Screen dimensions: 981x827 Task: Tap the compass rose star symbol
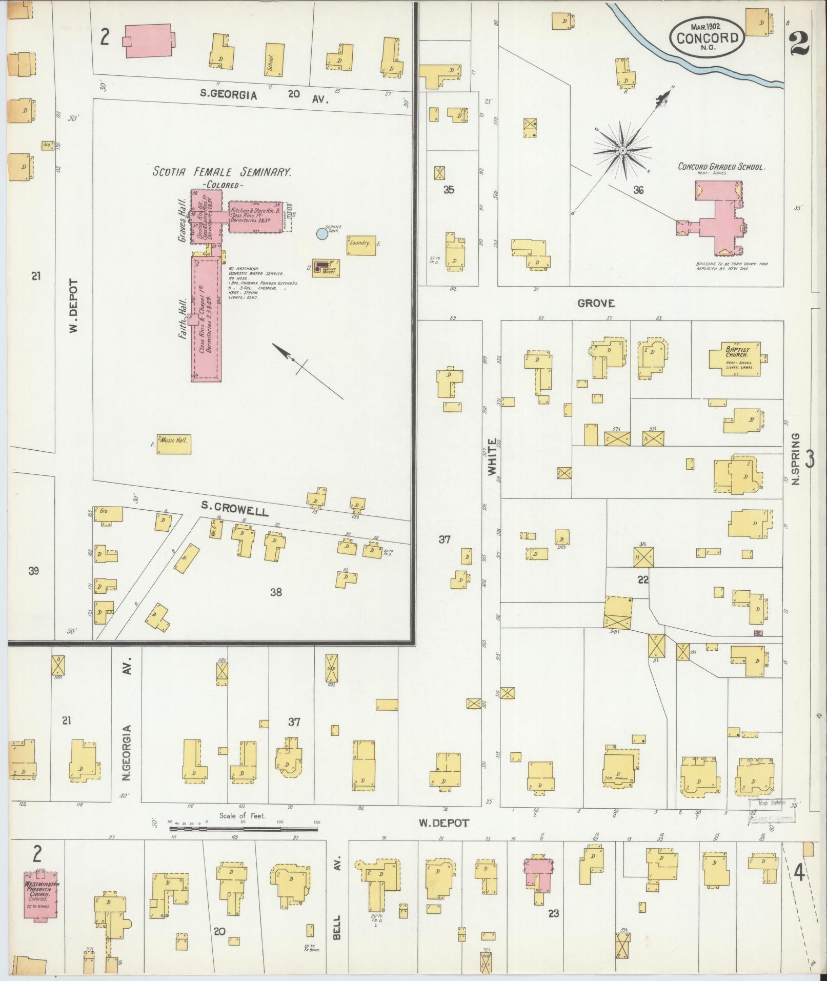click(622, 150)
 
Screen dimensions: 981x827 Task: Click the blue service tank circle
click(321, 234)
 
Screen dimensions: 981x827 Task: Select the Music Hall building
click(174, 444)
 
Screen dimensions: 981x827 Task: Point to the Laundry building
click(361, 242)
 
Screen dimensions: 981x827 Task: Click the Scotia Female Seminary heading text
click(221, 172)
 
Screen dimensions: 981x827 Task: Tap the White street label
click(492, 456)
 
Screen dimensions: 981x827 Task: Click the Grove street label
click(596, 303)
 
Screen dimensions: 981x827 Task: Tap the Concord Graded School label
click(721, 167)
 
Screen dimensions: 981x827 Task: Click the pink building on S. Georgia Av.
click(148, 40)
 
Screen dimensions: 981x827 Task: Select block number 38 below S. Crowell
click(276, 592)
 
